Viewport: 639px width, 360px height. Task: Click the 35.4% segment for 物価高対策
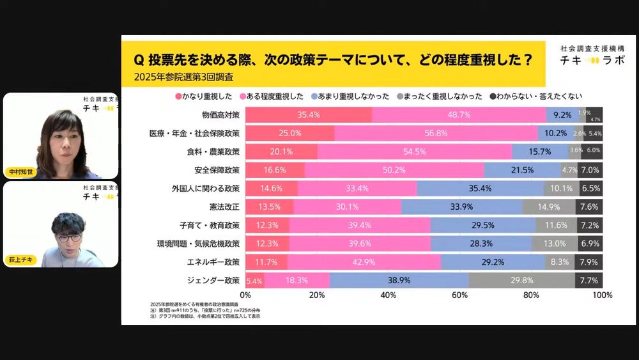[308, 115]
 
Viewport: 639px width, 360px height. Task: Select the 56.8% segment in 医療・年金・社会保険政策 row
[436, 133]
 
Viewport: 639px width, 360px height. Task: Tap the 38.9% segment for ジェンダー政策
[399, 280]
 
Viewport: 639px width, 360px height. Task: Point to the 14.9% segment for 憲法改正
[548, 207]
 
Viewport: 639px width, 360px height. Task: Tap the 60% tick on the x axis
[459, 295]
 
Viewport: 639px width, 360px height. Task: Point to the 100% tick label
[602, 295]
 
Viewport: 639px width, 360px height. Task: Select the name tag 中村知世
[22, 172]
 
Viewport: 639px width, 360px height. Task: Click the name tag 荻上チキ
[22, 260]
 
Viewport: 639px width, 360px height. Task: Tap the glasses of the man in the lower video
[68, 237]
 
